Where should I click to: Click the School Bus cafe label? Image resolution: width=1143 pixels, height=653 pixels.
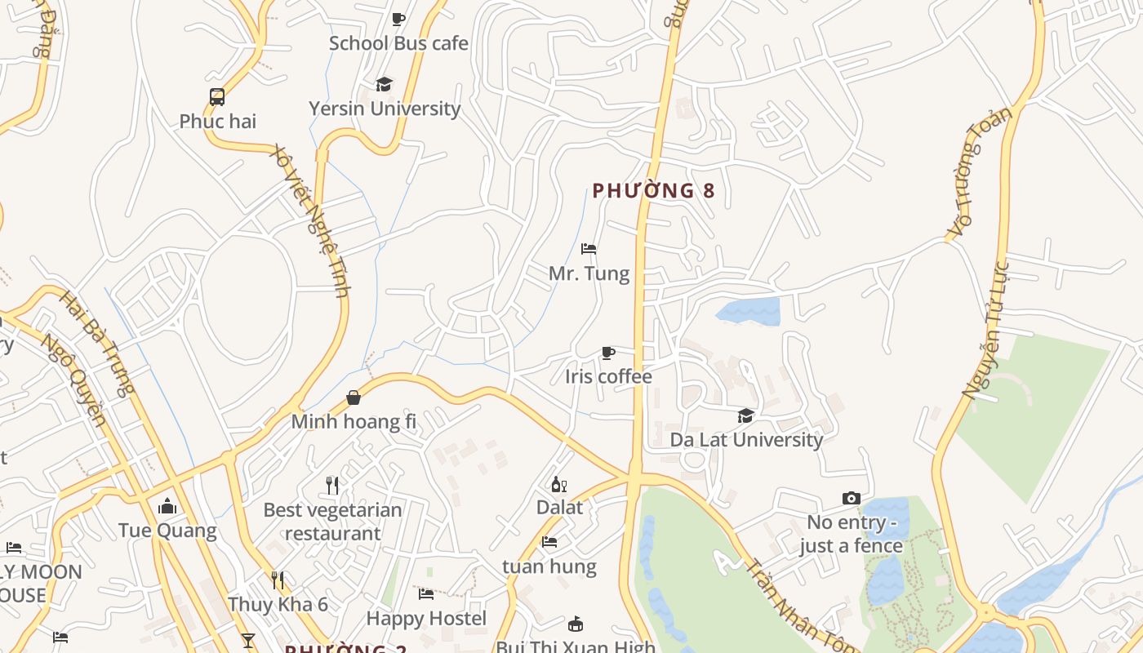point(398,43)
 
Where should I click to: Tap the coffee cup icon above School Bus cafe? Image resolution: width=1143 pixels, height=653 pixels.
point(398,19)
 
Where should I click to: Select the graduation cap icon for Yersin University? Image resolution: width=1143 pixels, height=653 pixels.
point(384,84)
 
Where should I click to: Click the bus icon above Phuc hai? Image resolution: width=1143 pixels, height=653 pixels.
point(217,97)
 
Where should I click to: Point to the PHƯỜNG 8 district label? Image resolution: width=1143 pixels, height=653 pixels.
point(653,191)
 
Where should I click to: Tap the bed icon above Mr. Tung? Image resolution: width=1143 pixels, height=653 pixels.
point(589,249)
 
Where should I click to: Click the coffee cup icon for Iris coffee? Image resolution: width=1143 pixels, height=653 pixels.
point(608,353)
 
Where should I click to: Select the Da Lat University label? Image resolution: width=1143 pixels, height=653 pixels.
point(746,440)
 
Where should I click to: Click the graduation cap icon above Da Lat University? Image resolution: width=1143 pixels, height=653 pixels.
point(746,416)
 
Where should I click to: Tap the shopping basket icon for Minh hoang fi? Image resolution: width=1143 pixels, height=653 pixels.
point(354,398)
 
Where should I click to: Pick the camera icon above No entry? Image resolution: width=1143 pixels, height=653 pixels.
point(852,498)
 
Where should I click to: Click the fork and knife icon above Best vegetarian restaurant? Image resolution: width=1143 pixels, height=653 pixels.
point(332,486)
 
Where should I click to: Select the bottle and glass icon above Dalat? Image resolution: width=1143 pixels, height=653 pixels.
point(559,484)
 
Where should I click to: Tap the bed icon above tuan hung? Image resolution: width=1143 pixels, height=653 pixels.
point(549,542)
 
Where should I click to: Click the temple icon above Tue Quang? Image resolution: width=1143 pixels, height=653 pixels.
point(167,507)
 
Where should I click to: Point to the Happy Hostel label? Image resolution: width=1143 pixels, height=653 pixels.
point(426,619)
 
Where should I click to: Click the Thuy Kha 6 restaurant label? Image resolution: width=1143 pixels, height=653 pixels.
point(278,605)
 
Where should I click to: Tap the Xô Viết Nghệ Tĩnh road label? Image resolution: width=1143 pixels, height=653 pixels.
point(311,220)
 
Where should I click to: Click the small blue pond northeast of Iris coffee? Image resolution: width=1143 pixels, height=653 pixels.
point(749,312)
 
